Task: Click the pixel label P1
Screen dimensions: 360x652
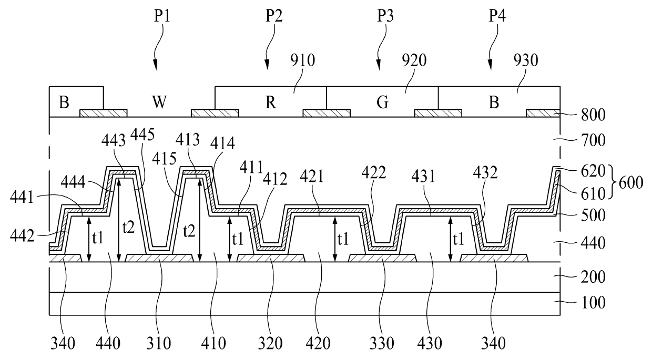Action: point(162,16)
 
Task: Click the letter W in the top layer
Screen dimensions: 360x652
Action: point(159,101)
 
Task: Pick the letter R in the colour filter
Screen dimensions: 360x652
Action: point(270,102)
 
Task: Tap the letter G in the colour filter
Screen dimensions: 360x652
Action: point(382,102)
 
